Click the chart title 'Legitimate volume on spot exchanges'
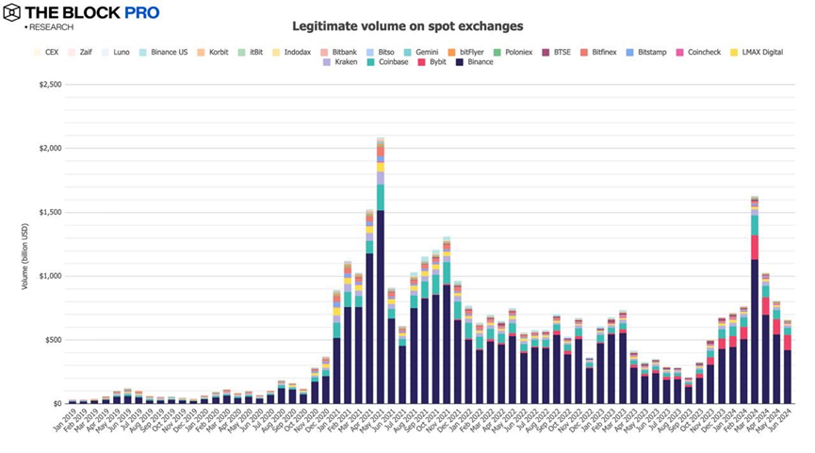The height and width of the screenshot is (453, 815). tap(407, 26)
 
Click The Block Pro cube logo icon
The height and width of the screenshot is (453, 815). tap(11, 12)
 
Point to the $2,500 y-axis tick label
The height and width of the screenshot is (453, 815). tap(50, 85)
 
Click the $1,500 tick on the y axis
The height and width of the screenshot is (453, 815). tap(50, 212)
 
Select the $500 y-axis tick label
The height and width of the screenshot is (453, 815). tap(53, 339)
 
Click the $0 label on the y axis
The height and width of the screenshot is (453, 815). tap(57, 403)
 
